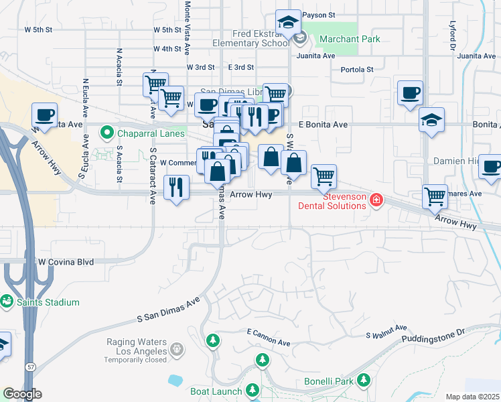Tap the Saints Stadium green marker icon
point(7,302)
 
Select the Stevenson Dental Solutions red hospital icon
point(376,200)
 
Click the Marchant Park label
point(350,39)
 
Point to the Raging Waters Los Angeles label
point(136,347)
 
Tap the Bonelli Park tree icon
point(364,381)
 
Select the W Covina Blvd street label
point(66,261)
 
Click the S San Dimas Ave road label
point(169,310)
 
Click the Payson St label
point(318,14)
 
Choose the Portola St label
point(356,70)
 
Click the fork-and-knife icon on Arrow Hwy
point(177,186)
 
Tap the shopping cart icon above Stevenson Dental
point(324,176)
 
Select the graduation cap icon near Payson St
point(288,23)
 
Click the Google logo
point(22,394)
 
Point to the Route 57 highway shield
point(31,368)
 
